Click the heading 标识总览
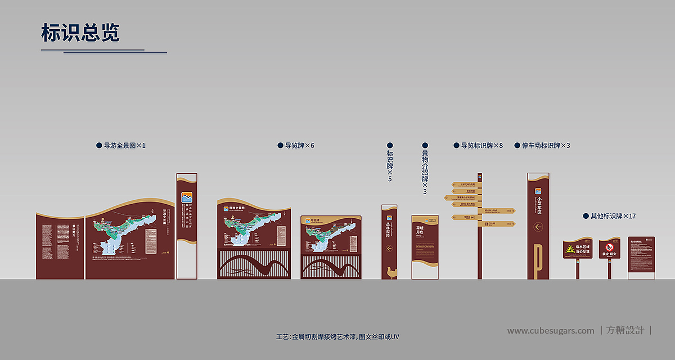(x=80, y=33)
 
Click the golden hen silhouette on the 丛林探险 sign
(x=389, y=272)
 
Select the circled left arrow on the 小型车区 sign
(x=538, y=227)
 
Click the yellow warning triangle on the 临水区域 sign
(x=570, y=248)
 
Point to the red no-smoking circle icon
(x=609, y=247)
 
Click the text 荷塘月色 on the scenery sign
(x=420, y=231)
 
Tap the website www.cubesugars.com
(x=550, y=331)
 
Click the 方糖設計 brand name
(x=625, y=331)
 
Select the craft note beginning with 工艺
(x=337, y=336)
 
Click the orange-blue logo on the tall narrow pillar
(x=187, y=198)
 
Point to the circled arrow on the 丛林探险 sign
(x=389, y=248)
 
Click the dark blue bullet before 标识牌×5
(x=390, y=145)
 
